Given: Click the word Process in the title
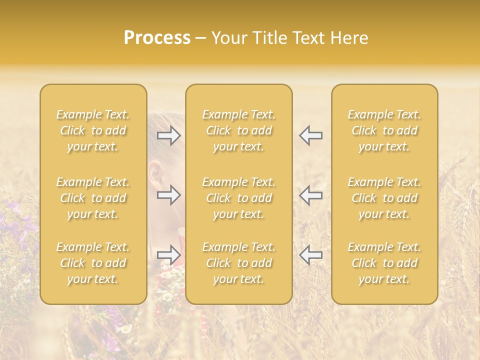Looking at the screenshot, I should (x=157, y=38).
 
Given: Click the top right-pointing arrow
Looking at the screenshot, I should (x=168, y=135).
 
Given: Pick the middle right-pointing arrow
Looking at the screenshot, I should (x=168, y=195).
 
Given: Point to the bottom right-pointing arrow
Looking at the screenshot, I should (x=168, y=255).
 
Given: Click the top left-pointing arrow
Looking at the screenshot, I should (x=311, y=135).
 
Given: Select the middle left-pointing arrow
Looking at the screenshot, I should (x=311, y=195).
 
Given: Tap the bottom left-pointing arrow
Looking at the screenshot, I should (x=311, y=255).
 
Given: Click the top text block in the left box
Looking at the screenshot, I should (x=93, y=130).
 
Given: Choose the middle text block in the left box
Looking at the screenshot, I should (x=93, y=198).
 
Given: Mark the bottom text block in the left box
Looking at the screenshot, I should (x=93, y=263).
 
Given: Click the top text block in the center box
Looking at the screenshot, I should (x=239, y=130).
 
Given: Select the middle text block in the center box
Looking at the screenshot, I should (x=239, y=198).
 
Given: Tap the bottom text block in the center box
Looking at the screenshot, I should (x=239, y=263).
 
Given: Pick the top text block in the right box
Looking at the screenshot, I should (x=384, y=130).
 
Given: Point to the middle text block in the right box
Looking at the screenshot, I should (x=384, y=198).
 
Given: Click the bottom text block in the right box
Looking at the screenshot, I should (x=384, y=263).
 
